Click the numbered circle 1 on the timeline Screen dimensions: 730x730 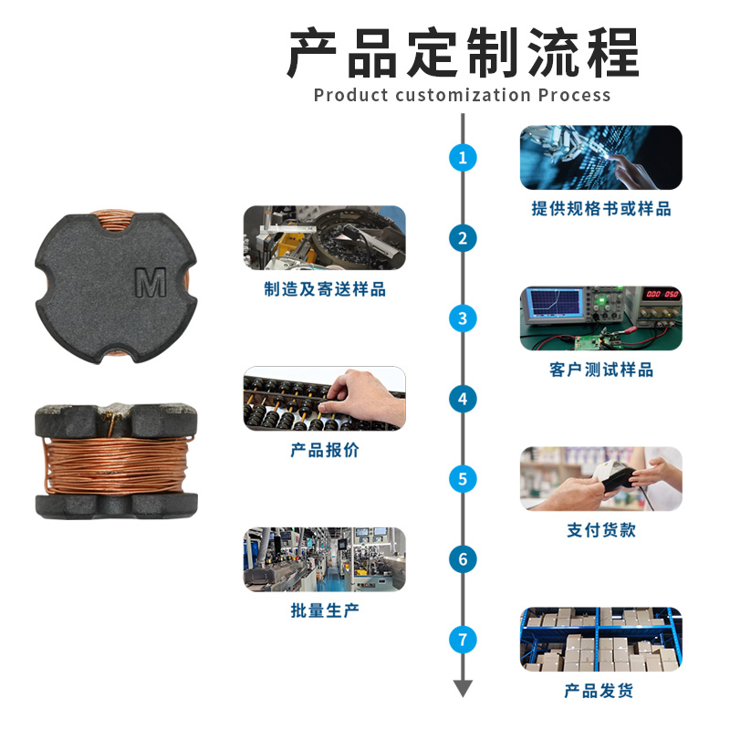coord(463,157)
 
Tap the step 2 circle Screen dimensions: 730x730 coord(463,238)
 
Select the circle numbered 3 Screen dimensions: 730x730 coord(463,318)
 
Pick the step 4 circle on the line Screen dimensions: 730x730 coord(463,399)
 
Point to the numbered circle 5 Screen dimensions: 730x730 coord(463,479)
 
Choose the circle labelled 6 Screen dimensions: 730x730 coord(463,559)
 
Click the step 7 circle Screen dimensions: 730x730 coord(463,640)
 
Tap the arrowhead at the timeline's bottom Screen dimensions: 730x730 coord(463,688)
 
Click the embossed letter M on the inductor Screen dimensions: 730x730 coord(151,282)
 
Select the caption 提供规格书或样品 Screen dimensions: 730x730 coord(601,209)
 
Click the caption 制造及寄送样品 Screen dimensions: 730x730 coord(325,289)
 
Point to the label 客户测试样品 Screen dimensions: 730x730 coord(601,370)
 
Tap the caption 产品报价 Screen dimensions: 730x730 coord(325,450)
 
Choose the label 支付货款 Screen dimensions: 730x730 coord(601,530)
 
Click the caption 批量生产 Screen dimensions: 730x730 coord(325,610)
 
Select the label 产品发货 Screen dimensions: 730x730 coord(599,691)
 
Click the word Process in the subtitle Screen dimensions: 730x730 coord(574,95)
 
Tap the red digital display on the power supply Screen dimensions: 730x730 coord(662,294)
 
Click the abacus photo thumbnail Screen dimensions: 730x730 coord(325,399)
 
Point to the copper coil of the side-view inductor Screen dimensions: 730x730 coord(117,465)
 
